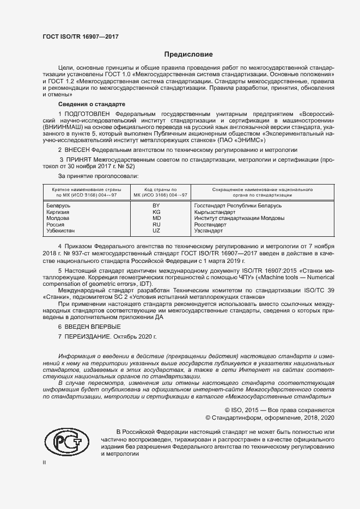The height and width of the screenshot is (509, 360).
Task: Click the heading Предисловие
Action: (x=189, y=54)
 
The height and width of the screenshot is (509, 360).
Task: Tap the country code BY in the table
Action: (x=156, y=206)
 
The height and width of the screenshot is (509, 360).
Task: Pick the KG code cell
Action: (x=156, y=212)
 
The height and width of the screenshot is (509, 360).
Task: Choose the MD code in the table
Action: (x=156, y=218)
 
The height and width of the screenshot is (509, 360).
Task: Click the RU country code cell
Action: (x=156, y=225)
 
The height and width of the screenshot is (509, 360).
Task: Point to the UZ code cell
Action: (x=156, y=231)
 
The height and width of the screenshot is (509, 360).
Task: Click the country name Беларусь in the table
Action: (x=59, y=206)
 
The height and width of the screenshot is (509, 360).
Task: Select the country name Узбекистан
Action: (x=63, y=231)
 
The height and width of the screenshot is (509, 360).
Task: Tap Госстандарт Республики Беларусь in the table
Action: (x=237, y=206)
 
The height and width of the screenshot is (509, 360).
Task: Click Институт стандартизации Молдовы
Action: (x=239, y=218)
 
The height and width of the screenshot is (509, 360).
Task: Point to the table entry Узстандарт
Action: (x=209, y=231)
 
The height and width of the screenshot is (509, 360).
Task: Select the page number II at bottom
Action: (x=44, y=462)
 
